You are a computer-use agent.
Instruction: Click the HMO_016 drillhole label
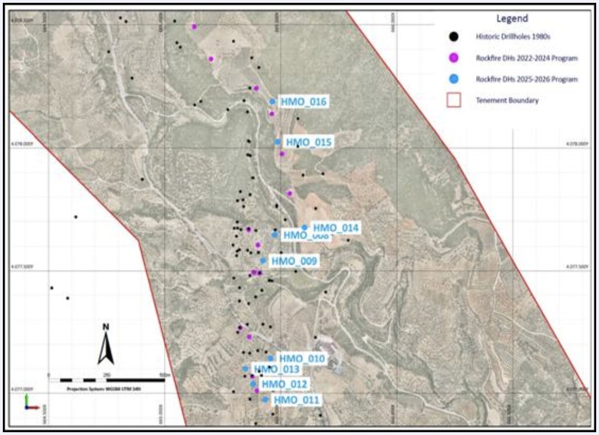(305, 102)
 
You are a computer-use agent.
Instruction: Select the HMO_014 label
(336, 228)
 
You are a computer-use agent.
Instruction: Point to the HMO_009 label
(294, 261)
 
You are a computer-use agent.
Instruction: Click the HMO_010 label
(302, 359)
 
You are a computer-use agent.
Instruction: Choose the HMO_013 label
(277, 369)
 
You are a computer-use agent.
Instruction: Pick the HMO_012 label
(285, 384)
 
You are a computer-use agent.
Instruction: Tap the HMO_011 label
(297, 400)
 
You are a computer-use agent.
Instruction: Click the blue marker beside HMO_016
(272, 102)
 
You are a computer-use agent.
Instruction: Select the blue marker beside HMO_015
(278, 142)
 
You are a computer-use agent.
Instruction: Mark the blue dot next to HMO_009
(263, 261)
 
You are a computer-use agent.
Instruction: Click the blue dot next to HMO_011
(265, 400)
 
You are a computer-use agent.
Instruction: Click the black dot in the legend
(455, 37)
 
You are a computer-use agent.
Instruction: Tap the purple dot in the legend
(455, 58)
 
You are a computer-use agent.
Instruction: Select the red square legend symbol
(454, 101)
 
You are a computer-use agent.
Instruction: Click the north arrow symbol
(106, 345)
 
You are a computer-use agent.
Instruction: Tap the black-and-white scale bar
(107, 380)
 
